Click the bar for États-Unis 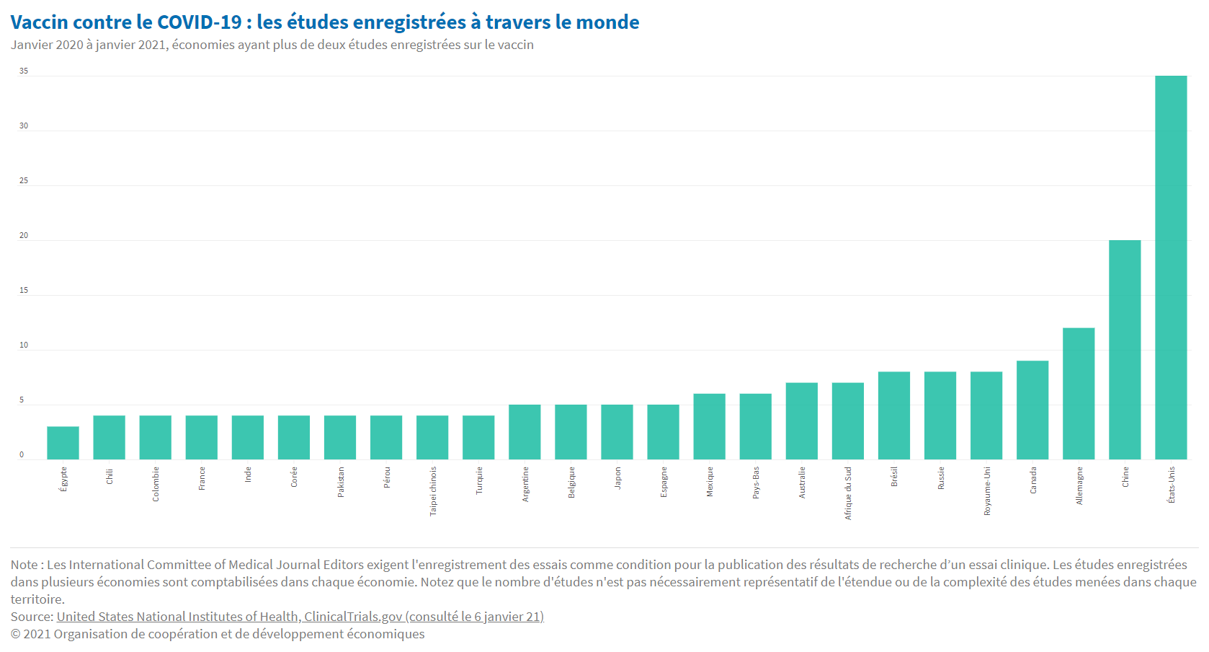tap(1171, 268)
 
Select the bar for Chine tap(1125, 350)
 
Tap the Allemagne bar tap(1079, 394)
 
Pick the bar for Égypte tap(63, 443)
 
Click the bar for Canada tap(1032, 410)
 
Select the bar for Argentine tap(525, 432)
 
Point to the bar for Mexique tap(709, 426)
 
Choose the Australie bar tap(802, 421)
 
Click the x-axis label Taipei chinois tap(433, 490)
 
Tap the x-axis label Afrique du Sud tap(848, 493)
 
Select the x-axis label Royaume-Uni tap(987, 490)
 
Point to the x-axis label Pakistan tap(341, 482)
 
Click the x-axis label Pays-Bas tap(756, 482)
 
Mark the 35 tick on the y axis tap(24, 71)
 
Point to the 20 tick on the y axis tap(24, 235)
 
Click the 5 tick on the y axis tap(22, 400)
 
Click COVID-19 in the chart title tap(200, 22)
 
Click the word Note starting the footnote tap(24, 565)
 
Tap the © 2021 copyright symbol tap(15, 634)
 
